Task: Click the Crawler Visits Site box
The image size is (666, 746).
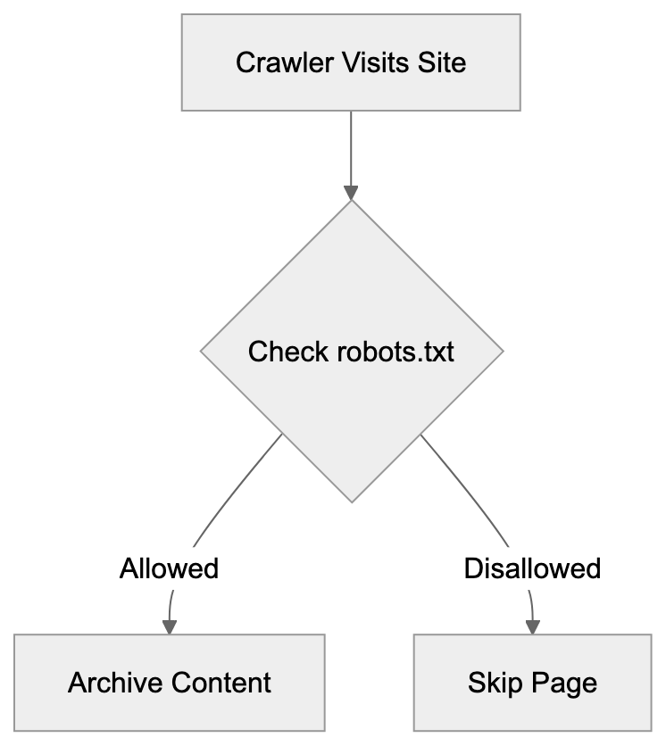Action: coord(351,62)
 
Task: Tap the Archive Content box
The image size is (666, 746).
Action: coord(170,683)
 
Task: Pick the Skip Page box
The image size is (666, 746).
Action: coord(532,683)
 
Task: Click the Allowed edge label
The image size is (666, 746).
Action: coord(170,568)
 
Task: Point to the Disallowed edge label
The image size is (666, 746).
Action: coord(532,568)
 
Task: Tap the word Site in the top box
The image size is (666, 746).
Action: coord(443,63)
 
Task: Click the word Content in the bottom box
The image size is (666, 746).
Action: coord(222,684)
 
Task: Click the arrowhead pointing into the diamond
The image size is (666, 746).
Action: coord(351,193)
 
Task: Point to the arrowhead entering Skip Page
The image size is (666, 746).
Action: coord(533,626)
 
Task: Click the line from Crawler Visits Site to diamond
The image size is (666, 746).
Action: coord(351,147)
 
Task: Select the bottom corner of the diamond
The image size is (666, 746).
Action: coord(351,500)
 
